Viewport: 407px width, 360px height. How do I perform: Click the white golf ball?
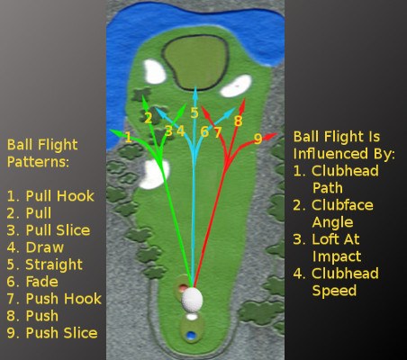coord(192,300)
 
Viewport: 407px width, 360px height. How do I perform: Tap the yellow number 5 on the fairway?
coord(194,113)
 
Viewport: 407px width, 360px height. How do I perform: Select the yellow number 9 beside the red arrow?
coord(258,139)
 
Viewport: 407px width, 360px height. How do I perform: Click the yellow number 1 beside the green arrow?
coord(128,138)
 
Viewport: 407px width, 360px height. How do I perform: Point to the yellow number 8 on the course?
coord(238,121)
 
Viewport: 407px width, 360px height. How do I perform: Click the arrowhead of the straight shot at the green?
coord(195,91)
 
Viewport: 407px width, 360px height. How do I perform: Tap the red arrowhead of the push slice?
coord(271,136)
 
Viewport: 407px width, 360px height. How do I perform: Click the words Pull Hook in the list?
coord(60,196)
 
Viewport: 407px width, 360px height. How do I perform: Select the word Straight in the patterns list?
coord(54,265)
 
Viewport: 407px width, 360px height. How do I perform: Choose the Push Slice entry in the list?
coord(61,333)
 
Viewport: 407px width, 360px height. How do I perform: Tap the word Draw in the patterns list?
coord(45,247)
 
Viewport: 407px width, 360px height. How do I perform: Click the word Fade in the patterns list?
coord(41,282)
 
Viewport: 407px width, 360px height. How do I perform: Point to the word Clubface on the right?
coord(342,205)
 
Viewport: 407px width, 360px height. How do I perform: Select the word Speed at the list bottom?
coord(334,291)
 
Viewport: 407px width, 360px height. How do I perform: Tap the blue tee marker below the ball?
coord(190,335)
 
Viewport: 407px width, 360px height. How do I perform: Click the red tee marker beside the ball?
coord(183,288)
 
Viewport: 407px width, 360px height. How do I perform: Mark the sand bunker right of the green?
coord(237,86)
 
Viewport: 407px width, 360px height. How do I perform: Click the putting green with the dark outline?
coord(195,62)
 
